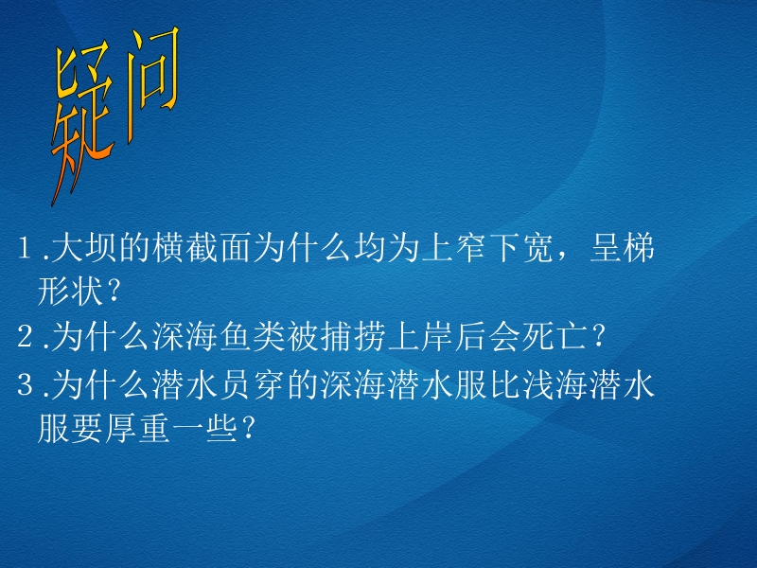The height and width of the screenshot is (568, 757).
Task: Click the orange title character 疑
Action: [82, 123]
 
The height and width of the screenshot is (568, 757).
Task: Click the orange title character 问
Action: [152, 82]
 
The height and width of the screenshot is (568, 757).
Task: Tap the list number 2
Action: [25, 336]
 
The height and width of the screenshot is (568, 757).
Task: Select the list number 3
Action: [25, 384]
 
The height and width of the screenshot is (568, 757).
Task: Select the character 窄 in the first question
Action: [469, 248]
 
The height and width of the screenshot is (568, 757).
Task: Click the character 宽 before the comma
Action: [537, 248]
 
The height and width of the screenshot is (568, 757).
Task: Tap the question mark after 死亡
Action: [599, 336]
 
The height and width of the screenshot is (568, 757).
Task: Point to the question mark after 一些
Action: [248, 428]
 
